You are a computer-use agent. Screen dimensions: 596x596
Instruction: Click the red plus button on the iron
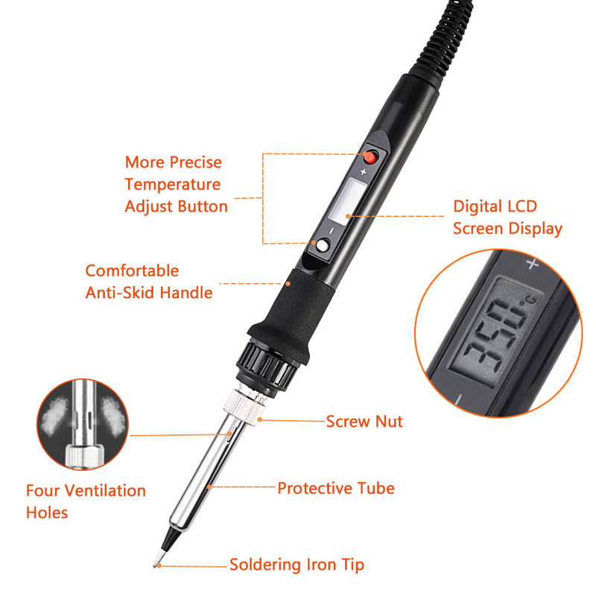pos(370,156)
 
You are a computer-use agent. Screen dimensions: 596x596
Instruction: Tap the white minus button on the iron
pos(323,245)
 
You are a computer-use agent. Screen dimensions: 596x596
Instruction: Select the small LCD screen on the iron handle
pos(347,200)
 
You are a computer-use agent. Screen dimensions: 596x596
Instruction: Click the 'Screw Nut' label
pos(364,422)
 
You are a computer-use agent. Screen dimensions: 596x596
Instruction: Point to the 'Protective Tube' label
pos(336,488)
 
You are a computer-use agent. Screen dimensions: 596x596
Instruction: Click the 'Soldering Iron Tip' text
pos(297,565)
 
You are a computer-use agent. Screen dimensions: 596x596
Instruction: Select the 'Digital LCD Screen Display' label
pos(507,218)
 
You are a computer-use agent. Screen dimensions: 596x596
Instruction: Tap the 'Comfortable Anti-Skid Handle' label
pos(148,282)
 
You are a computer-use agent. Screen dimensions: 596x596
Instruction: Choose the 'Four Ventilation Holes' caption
pos(86,501)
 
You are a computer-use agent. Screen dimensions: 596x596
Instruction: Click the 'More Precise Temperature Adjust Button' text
pos(176,184)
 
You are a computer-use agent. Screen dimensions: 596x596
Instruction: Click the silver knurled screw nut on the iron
pos(244,406)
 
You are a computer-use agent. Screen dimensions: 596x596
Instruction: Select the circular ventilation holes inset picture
pos(83,424)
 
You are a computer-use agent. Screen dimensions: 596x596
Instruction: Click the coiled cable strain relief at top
pos(444,38)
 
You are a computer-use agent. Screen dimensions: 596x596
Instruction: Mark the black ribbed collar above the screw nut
pos(265,367)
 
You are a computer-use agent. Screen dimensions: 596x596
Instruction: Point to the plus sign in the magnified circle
pos(532,264)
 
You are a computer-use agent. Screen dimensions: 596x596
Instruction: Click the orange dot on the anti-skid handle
pos(288,284)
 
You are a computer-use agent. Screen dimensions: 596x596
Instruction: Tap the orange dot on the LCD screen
pos(348,216)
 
